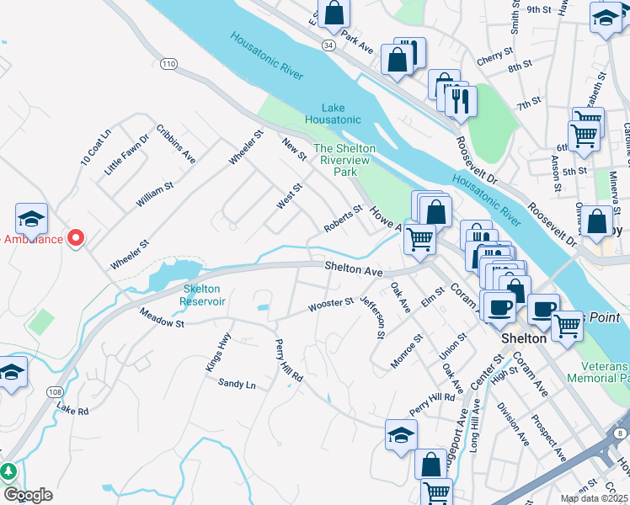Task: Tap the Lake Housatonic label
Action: click(x=341, y=114)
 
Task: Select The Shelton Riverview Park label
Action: click(x=345, y=159)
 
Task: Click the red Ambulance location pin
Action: click(x=76, y=238)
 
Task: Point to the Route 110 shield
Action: click(x=169, y=63)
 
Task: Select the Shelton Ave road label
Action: click(x=355, y=271)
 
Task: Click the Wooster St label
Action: click(x=331, y=304)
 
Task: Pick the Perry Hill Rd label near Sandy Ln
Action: click(x=288, y=361)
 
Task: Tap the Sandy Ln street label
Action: click(x=237, y=384)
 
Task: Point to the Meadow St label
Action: click(x=162, y=322)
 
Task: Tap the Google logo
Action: click(x=28, y=495)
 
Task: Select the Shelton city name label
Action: click(x=523, y=338)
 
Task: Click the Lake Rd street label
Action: click(x=72, y=409)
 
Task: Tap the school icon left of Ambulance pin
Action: click(x=31, y=221)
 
